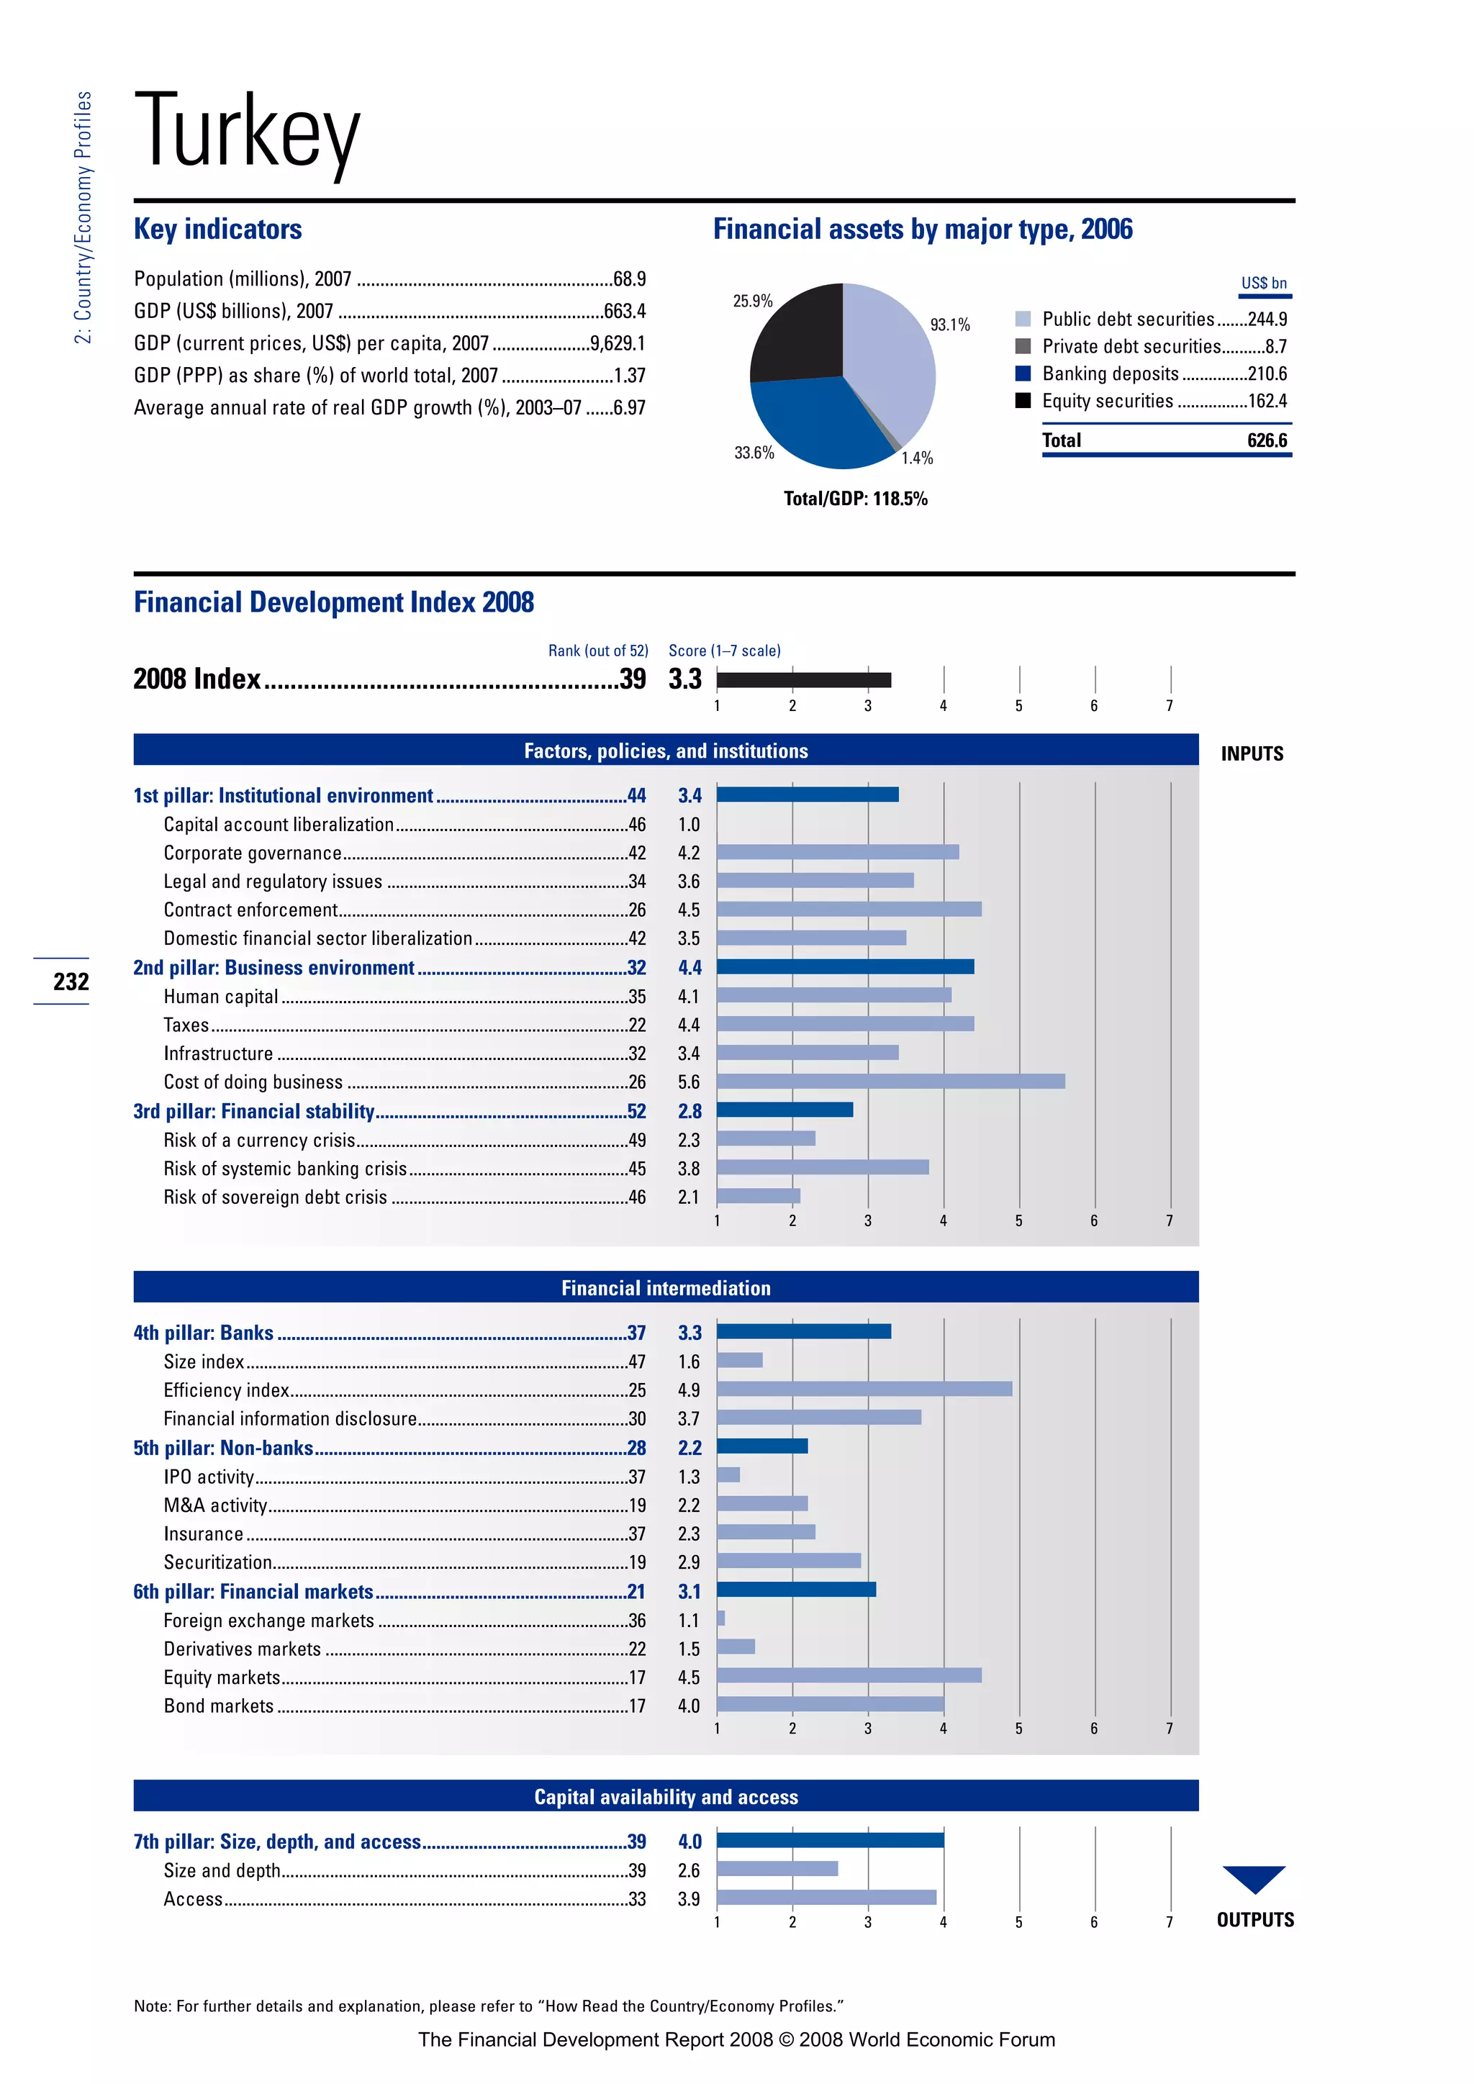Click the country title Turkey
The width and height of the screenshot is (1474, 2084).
click(247, 133)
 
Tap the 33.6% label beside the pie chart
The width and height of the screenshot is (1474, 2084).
click(754, 452)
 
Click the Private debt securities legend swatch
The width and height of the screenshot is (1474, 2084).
click(1023, 346)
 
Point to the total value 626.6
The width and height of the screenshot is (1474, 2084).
click(1266, 440)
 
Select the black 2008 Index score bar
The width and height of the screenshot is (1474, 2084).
click(803, 680)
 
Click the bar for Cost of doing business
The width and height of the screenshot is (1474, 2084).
click(890, 1081)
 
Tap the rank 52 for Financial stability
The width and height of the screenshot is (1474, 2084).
click(636, 1111)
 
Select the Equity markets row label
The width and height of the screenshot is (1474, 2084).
click(222, 1677)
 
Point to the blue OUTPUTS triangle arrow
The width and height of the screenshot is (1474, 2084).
click(1254, 1877)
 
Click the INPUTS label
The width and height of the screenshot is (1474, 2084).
click(1252, 753)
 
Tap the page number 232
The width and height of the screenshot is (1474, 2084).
click(71, 981)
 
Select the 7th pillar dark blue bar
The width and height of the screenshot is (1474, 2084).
click(830, 1840)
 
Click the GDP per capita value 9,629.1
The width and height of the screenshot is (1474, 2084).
click(618, 343)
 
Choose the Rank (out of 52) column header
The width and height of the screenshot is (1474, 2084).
click(597, 651)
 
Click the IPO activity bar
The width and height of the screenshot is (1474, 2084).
click(728, 1475)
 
